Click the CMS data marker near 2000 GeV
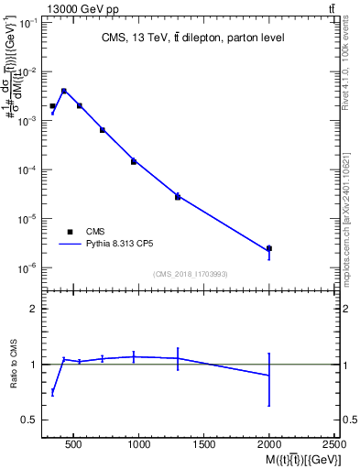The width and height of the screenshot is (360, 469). coord(268,248)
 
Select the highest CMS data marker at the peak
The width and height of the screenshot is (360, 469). coord(63,91)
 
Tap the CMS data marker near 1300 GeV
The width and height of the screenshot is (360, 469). coord(178,197)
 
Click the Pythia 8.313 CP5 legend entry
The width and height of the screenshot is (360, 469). coord(108,245)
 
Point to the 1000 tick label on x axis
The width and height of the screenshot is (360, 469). coord(138,446)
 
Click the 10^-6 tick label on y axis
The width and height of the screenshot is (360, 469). coord(26,268)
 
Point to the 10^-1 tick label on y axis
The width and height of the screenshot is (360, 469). coord(26,23)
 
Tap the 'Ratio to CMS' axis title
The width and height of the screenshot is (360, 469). coord(13,365)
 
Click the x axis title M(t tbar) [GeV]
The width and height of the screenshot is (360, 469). coord(299,459)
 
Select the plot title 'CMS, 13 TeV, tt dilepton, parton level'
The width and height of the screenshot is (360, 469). coord(192,38)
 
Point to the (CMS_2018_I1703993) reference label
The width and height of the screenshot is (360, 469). coord(191,274)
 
